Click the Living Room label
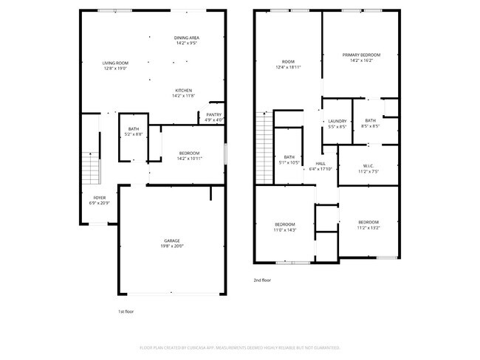tap(115, 63)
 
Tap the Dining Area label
tap(187, 38)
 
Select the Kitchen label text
tap(183, 91)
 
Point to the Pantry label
tap(214, 114)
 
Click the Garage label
tap(172, 241)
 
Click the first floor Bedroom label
tap(189, 153)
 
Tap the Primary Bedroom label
tap(361, 55)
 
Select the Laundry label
tap(337, 121)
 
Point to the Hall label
tap(320, 163)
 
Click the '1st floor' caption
tap(126, 312)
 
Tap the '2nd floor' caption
tap(262, 280)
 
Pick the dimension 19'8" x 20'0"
tap(172, 246)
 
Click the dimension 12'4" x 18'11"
tap(287, 67)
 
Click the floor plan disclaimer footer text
tap(240, 347)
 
